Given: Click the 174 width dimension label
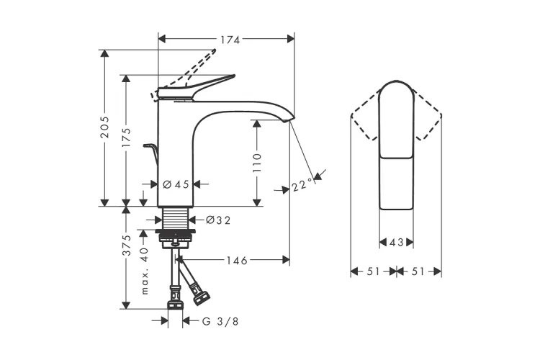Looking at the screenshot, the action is click(x=230, y=40).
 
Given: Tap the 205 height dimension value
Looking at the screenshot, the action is click(x=104, y=127).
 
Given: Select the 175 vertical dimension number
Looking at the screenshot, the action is click(x=127, y=138).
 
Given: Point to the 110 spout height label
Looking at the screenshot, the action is click(x=257, y=163).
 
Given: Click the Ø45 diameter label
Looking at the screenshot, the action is click(x=176, y=184).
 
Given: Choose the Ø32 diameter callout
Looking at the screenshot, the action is click(x=218, y=220).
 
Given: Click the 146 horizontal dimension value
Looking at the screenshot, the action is click(x=237, y=261).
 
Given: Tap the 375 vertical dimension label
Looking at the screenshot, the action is click(x=127, y=246).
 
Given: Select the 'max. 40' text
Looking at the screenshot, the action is click(x=145, y=271).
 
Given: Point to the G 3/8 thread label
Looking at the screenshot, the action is click(x=220, y=322).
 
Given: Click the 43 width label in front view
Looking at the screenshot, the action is click(x=396, y=243).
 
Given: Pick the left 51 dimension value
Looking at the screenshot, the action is click(x=373, y=271).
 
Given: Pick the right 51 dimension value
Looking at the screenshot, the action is click(x=418, y=271).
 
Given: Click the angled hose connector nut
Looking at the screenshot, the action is click(x=202, y=297).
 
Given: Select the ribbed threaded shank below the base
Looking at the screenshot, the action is click(x=175, y=218).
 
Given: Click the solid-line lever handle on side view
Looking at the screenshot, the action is click(x=197, y=88).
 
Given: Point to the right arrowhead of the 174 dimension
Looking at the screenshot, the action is click(x=291, y=39).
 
